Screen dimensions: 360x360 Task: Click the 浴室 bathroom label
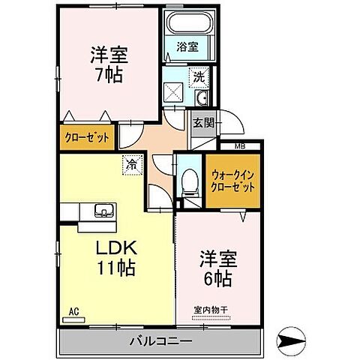[x=187, y=46]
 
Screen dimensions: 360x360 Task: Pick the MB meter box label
[x=240, y=146]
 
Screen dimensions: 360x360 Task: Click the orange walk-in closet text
[x=234, y=181]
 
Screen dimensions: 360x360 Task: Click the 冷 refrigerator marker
[x=133, y=163]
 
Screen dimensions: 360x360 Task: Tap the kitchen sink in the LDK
[x=103, y=211]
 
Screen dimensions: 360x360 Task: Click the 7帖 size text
[x=109, y=73]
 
